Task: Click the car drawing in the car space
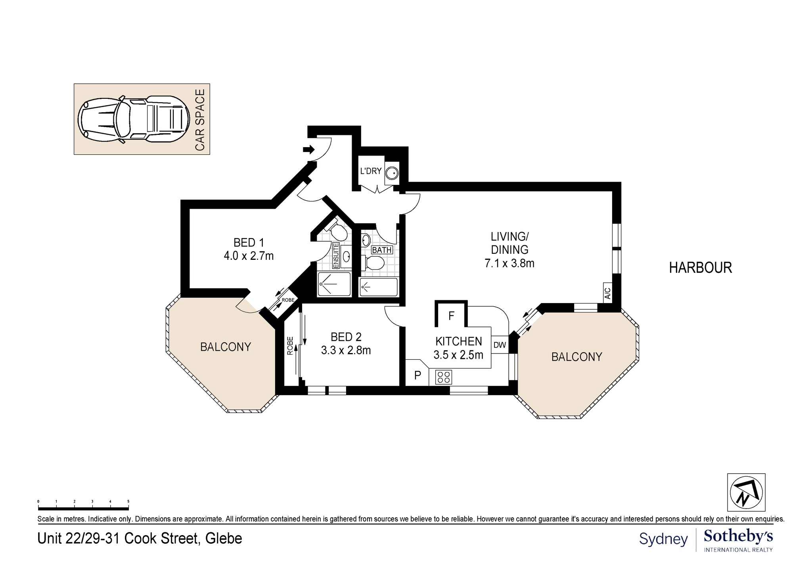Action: point(133,119)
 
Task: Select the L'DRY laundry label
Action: point(371,171)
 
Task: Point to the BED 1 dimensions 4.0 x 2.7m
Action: point(249,256)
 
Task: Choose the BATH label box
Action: point(382,250)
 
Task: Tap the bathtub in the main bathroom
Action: point(378,287)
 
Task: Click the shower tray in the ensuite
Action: point(334,284)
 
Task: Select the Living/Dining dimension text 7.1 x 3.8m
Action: point(509,263)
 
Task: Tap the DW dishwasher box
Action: point(500,345)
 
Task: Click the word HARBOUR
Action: point(700,268)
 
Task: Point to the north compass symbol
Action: point(746,492)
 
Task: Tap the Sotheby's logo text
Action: point(738,537)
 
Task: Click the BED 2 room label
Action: point(346,337)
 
